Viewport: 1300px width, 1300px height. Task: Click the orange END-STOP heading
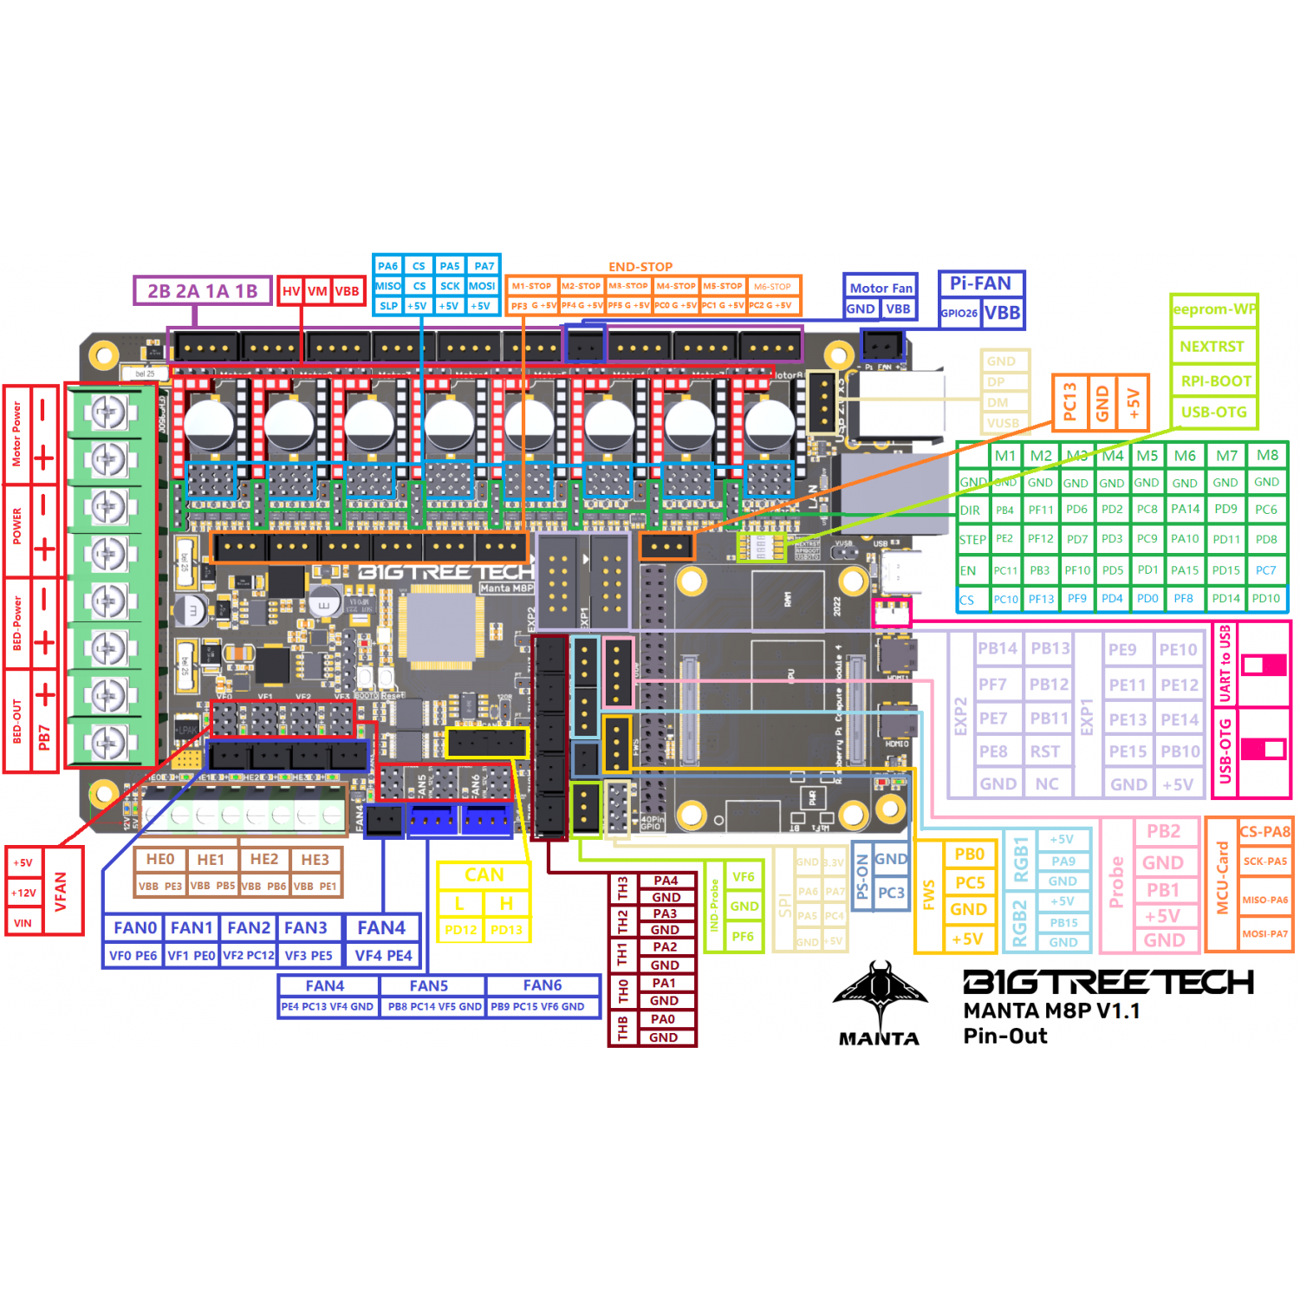tap(640, 267)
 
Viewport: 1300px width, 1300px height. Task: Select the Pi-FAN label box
tap(980, 283)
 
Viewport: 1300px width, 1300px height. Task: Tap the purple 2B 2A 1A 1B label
tap(202, 291)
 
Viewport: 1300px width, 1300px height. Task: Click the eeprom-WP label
tap(1213, 309)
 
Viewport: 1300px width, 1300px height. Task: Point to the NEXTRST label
tap(1212, 347)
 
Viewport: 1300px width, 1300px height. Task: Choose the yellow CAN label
tap(484, 875)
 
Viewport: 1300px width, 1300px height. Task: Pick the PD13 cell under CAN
tap(506, 930)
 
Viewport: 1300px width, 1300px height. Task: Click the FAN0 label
tap(135, 928)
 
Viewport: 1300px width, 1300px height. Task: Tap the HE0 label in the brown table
tap(160, 860)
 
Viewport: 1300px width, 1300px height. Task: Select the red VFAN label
tap(61, 891)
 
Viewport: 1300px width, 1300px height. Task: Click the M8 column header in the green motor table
tap(1267, 456)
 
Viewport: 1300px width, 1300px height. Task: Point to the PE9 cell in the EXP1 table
tap(1122, 650)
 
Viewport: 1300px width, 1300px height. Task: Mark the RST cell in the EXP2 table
tap(1045, 751)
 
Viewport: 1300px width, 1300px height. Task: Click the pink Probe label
tap(1116, 882)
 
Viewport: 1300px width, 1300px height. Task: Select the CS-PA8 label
tap(1264, 832)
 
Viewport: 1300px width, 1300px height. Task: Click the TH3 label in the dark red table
tap(622, 888)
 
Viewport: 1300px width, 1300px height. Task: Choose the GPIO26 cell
tap(959, 314)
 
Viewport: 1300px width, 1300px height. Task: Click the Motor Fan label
tap(881, 289)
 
